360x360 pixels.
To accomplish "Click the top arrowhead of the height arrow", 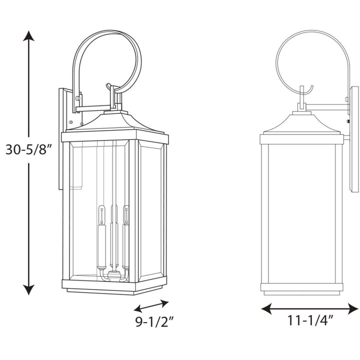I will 29,36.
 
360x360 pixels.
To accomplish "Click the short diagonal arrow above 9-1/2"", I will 151,305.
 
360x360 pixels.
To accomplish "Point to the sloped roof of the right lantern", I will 301,124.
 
